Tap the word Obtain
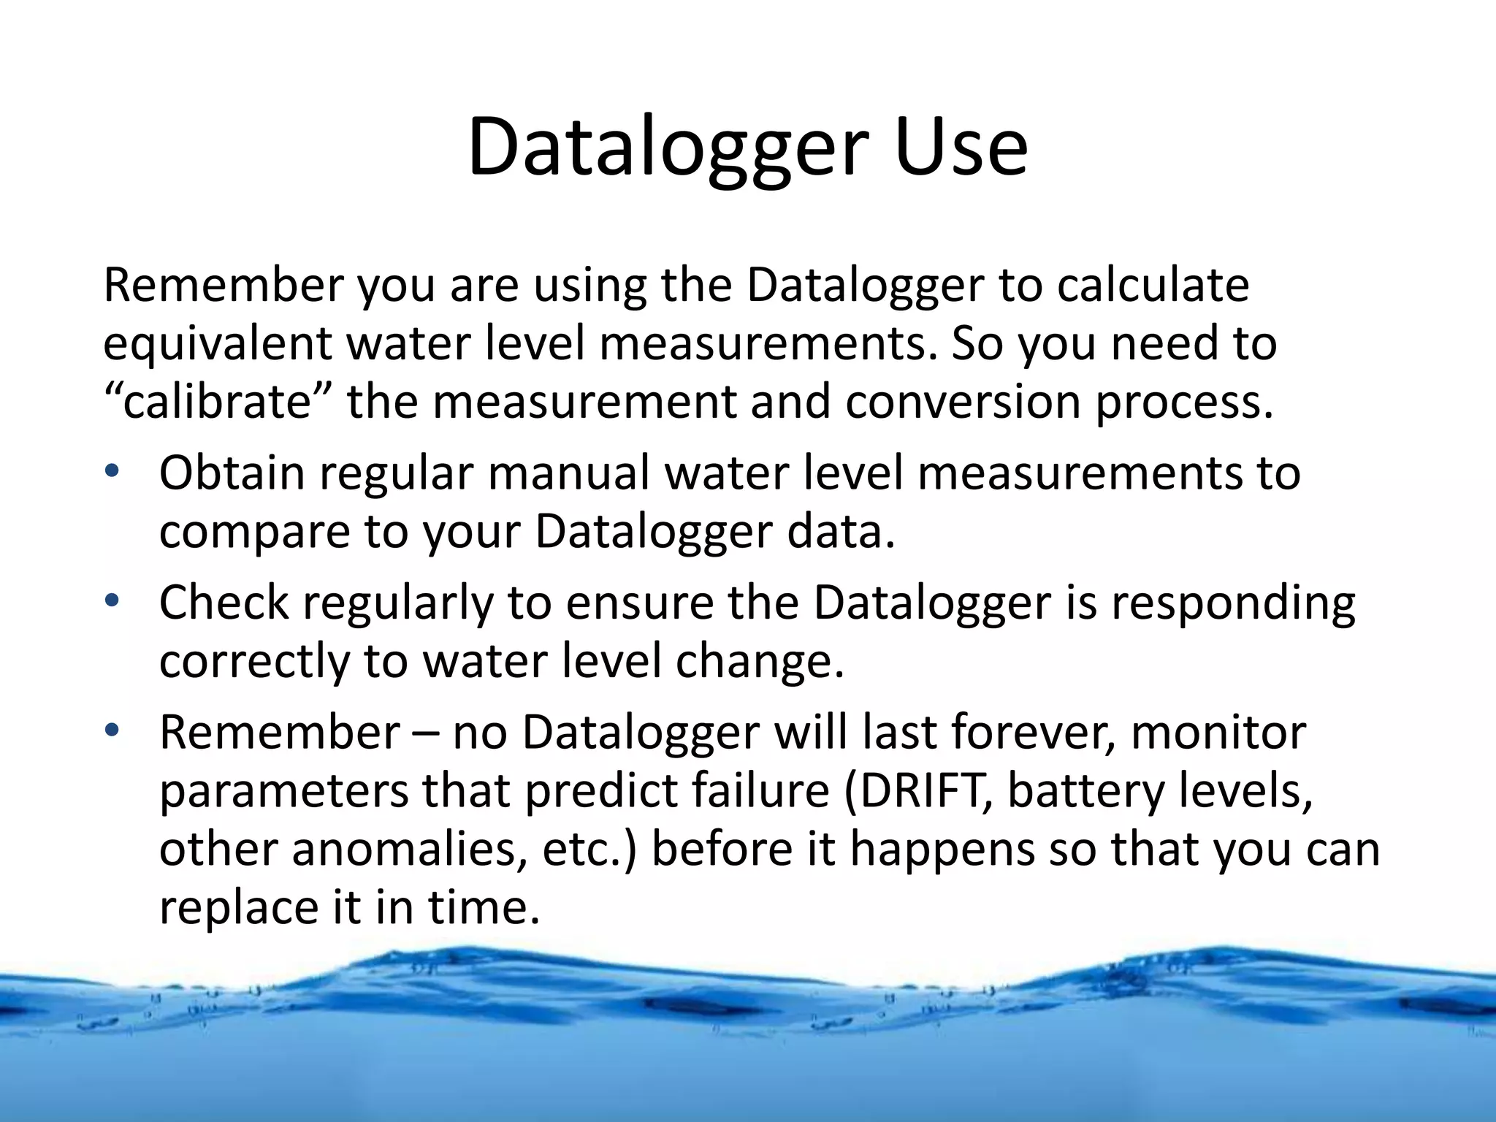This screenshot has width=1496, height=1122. (x=232, y=473)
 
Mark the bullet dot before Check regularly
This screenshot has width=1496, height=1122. (x=111, y=601)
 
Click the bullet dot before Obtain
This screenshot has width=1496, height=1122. (x=111, y=471)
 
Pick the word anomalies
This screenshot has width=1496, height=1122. (x=410, y=849)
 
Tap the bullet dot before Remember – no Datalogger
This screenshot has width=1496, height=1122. (x=111, y=730)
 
